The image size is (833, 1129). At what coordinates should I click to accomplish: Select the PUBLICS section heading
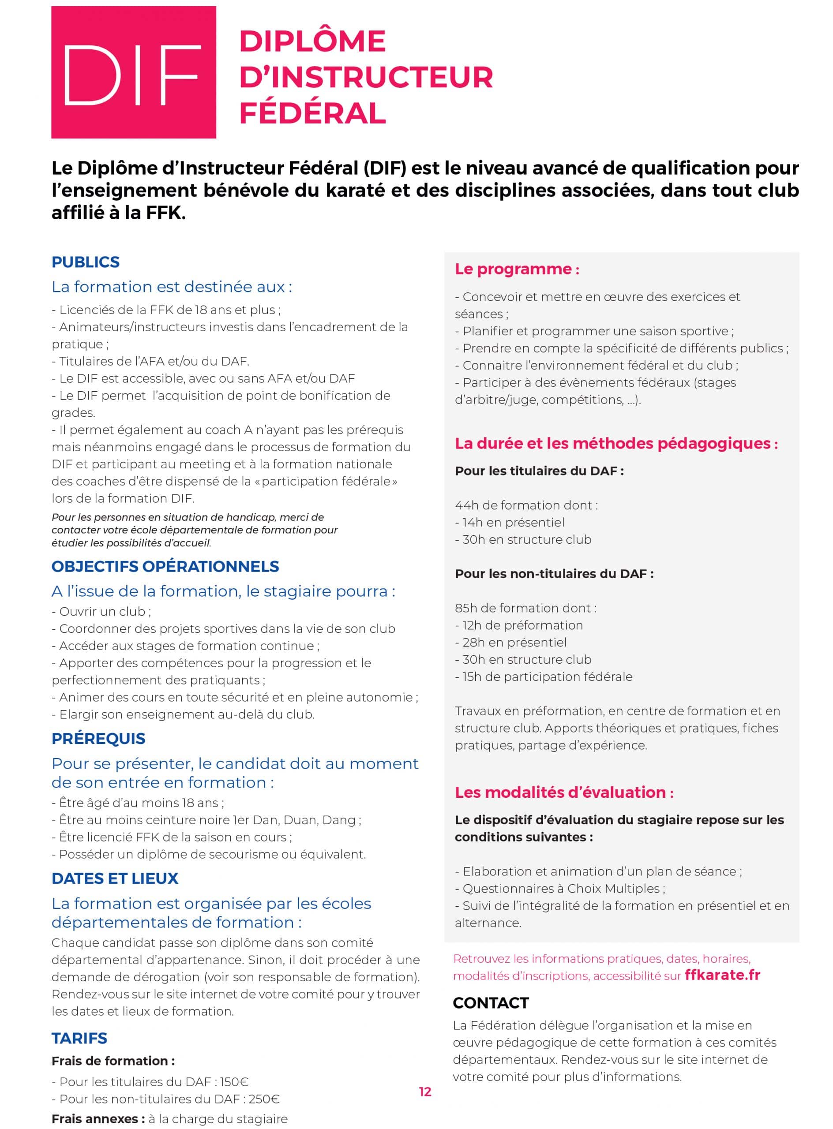85,262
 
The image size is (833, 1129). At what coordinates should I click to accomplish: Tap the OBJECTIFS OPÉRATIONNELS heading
165,567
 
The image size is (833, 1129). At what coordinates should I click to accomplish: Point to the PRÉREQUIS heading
98,738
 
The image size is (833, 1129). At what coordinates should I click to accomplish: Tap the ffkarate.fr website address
722,975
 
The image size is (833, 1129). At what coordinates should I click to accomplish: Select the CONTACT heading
491,1003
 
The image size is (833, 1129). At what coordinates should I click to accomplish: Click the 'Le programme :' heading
517,269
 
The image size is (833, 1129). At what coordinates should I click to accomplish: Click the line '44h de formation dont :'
526,505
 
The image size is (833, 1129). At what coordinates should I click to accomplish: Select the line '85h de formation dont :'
525,608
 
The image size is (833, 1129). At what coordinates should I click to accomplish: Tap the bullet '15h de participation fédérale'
547,677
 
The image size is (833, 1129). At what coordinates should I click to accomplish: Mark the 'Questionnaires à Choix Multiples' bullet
563,888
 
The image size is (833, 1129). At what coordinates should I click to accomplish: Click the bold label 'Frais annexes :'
98,1119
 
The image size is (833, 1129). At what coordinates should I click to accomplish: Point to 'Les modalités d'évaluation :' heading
564,793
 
